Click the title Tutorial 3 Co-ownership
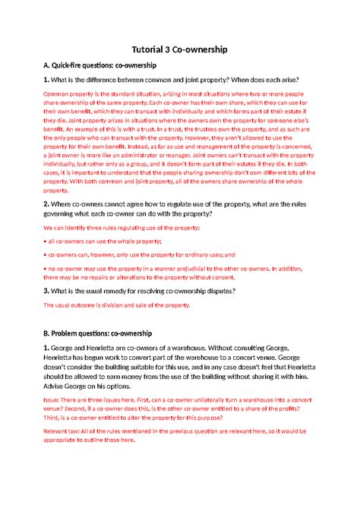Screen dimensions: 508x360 coord(180,49)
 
